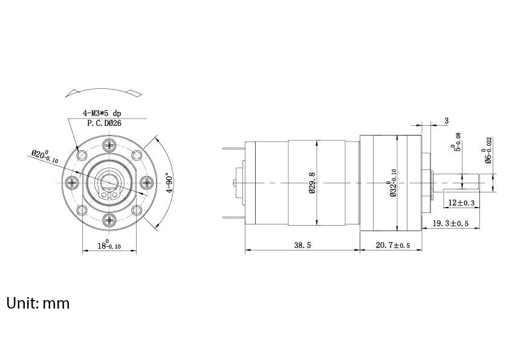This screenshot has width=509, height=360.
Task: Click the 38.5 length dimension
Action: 302,246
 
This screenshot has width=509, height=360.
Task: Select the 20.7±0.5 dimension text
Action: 393,246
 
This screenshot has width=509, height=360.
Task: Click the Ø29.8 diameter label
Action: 313,183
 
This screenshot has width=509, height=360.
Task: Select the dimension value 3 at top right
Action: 447,120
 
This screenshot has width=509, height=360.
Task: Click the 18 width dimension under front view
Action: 109,245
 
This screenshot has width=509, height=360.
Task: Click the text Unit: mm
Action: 38,303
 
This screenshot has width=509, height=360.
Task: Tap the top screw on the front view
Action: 109,145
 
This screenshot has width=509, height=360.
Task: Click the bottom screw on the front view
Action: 109,219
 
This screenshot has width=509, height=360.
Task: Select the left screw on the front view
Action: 73,182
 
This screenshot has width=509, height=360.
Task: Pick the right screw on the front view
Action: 146,182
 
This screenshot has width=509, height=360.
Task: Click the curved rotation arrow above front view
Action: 105,91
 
